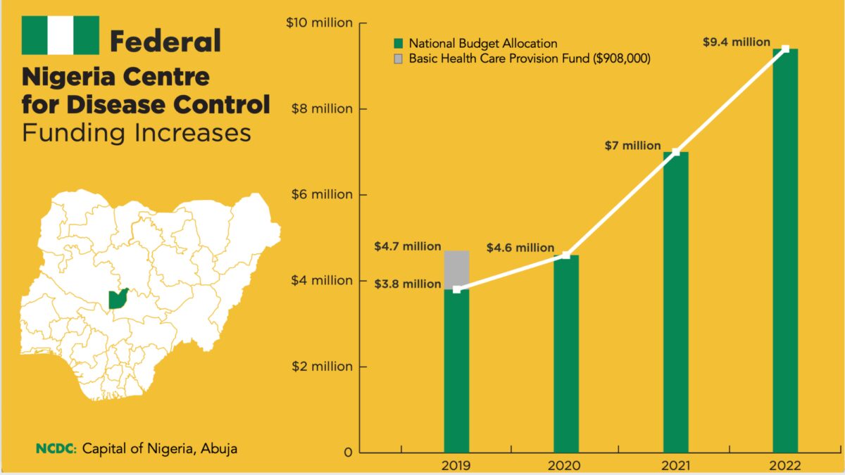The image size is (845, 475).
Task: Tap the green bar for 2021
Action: click(x=676, y=303)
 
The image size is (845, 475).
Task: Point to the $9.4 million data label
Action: click(x=737, y=42)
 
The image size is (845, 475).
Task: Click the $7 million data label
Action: click(x=632, y=146)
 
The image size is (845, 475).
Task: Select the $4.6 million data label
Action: click(x=520, y=248)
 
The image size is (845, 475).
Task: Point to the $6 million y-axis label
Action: click(x=322, y=195)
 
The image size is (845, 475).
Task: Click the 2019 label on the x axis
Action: click(x=456, y=464)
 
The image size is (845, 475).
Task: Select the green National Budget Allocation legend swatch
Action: click(x=398, y=44)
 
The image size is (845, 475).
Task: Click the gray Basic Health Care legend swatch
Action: click(x=398, y=59)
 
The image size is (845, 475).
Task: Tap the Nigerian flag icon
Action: click(x=61, y=35)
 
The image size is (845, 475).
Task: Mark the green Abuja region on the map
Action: click(x=118, y=299)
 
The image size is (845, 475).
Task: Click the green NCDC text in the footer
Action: click(x=56, y=448)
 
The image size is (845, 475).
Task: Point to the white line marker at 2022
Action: click(x=785, y=49)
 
